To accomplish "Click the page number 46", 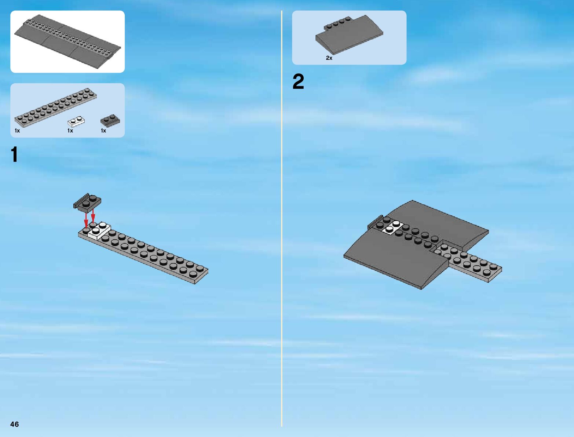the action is [14, 424].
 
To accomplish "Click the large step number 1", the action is [14, 154].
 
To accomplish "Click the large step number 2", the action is [298, 82].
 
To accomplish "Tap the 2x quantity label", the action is [329, 58].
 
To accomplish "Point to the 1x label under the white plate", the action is [70, 131].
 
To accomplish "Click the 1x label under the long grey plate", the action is [17, 131].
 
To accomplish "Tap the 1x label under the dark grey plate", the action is [103, 131].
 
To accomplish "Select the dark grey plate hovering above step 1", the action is [88, 202].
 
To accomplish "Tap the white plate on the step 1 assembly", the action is [99, 231].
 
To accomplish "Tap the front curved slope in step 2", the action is [396, 261].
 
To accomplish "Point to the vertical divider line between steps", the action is [282, 220].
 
